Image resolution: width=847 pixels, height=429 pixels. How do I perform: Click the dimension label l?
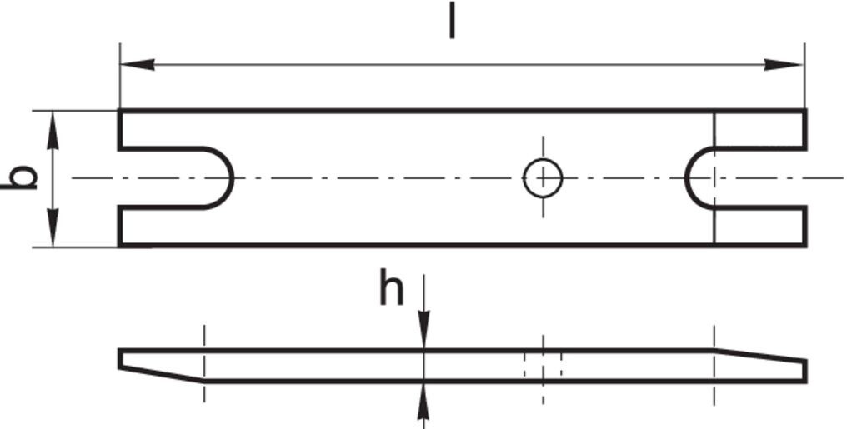tap(452, 20)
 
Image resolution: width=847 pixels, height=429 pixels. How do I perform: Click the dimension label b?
tap(21, 177)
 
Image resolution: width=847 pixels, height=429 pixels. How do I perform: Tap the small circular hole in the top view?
tap(543, 177)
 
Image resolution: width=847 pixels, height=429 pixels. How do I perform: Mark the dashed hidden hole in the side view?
tap(543, 366)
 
